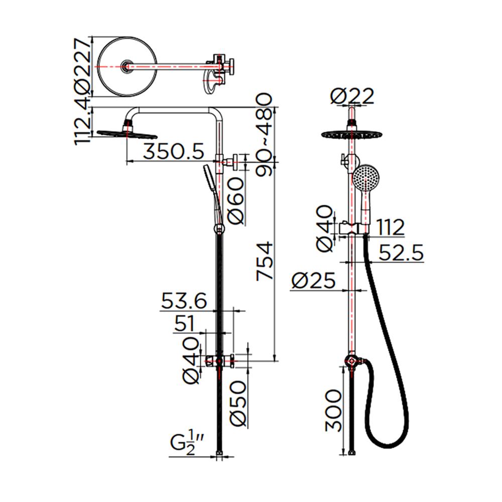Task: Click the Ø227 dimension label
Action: coord(81,66)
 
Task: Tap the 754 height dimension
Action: coord(265,262)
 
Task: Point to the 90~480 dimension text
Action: coord(264,135)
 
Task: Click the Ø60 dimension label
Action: coord(236,201)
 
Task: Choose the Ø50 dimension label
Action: coord(238,403)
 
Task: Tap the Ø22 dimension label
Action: coord(352,95)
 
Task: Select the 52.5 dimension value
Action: coord(401,253)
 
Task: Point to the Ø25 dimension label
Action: coord(313,281)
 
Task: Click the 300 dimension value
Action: coord(334,411)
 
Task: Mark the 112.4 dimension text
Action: coord(81,121)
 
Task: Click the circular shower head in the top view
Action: coord(128,67)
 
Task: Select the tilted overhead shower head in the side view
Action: coord(127,134)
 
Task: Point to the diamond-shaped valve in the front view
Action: coord(351,361)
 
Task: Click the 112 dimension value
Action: coord(390,227)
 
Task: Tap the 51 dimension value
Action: coord(184,323)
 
